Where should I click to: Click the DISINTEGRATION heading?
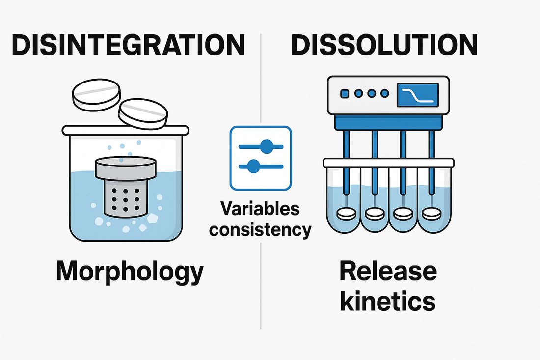tap(128, 45)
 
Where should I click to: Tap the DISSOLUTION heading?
tap(384, 45)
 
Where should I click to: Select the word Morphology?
tap(129, 272)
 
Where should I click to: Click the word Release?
tap(387, 272)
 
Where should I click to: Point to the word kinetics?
tap(387, 301)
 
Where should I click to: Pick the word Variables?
tap(260, 208)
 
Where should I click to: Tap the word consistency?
tap(260, 229)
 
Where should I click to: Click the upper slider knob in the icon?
tap(267, 146)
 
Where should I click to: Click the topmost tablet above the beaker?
tap(96, 94)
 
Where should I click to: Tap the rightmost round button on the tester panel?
tap(384, 93)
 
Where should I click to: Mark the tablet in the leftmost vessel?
tap(347, 214)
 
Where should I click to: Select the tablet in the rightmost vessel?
tap(432, 214)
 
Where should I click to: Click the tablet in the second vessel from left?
tap(375, 214)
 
